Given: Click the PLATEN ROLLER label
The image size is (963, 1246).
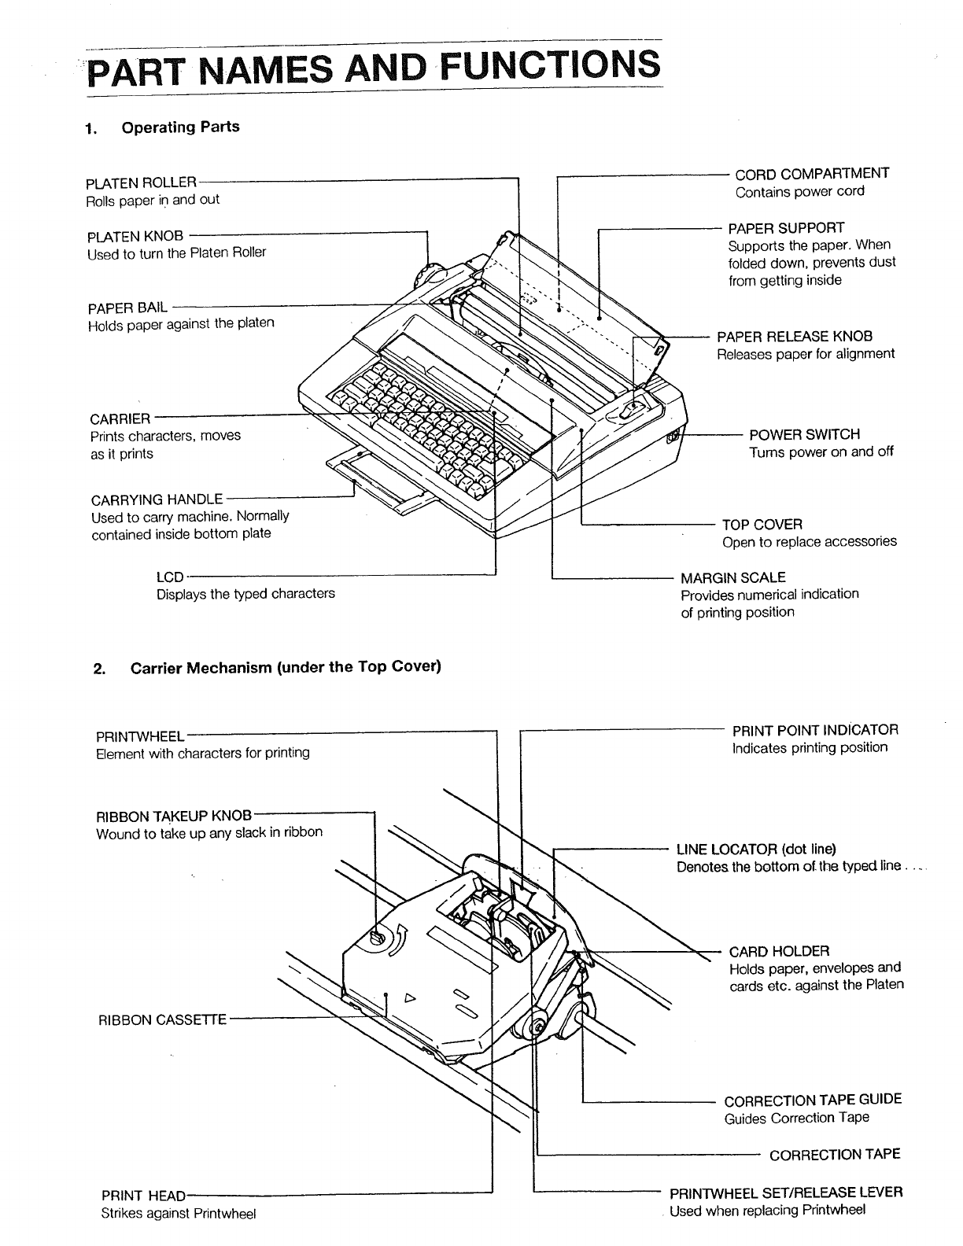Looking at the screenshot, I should click(x=142, y=182).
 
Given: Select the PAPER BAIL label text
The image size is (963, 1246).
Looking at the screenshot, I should click(x=127, y=306).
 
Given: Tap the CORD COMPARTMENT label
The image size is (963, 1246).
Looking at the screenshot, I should click(x=811, y=173).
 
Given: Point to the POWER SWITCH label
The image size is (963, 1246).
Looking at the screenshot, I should click(x=804, y=434).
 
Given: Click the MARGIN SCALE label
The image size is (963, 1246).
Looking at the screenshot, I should click(x=732, y=577).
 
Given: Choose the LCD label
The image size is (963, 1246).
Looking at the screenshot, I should click(x=170, y=577).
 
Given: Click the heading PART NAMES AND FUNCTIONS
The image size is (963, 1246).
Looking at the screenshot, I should click(x=374, y=66).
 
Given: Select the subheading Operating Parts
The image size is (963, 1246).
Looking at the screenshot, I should click(x=180, y=127).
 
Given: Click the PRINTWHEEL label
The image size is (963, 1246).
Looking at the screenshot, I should click(x=140, y=736).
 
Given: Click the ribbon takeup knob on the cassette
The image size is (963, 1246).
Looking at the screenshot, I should click(x=376, y=937).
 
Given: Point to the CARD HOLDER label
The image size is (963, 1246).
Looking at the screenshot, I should click(x=779, y=950).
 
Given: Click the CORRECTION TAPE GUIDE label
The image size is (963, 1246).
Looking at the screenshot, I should click(x=813, y=1100).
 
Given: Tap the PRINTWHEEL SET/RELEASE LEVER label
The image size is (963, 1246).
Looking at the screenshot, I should click(x=785, y=1192).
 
